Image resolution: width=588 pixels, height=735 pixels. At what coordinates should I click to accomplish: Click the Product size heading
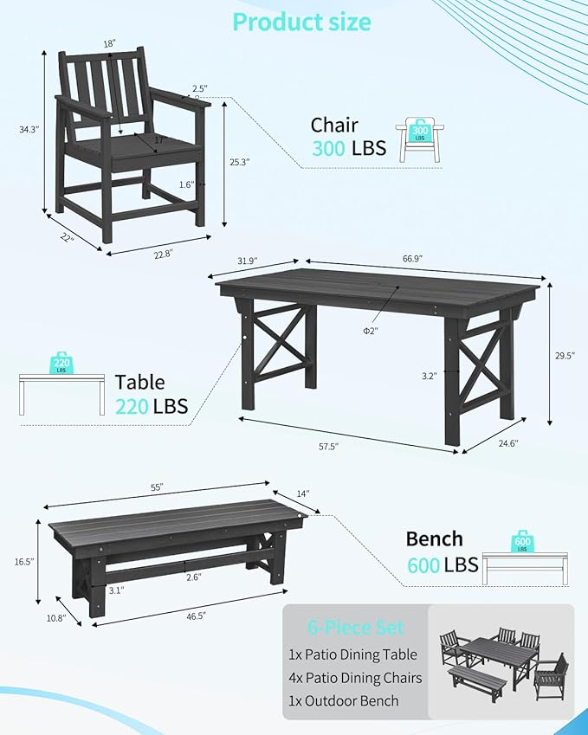pyautogui.click(x=301, y=22)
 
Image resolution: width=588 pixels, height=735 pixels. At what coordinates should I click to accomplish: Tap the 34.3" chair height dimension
pyautogui.click(x=28, y=129)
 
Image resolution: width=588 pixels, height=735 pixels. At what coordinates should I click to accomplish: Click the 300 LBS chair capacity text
pyautogui.click(x=348, y=148)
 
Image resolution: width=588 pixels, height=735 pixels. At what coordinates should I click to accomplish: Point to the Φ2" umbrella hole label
pyautogui.click(x=370, y=331)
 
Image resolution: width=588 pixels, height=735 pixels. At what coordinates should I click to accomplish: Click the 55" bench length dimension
pyautogui.click(x=157, y=487)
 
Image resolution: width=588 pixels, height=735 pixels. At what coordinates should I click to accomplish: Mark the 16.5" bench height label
pyautogui.click(x=23, y=562)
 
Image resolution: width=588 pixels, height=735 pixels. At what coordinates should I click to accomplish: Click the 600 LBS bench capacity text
pyautogui.click(x=443, y=564)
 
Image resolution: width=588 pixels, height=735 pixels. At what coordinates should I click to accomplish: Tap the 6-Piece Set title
pyautogui.click(x=354, y=628)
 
